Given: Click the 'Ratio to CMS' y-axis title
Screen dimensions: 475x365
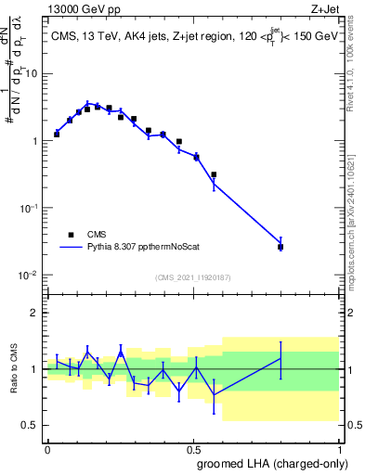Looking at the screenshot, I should point(14,369).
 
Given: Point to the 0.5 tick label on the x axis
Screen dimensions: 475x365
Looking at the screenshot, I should point(193,448).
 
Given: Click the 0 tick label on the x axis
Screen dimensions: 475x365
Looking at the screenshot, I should point(47,448).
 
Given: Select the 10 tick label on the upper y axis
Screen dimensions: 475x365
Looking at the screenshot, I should point(32,73).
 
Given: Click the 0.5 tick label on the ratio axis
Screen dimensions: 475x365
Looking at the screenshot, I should point(31,425).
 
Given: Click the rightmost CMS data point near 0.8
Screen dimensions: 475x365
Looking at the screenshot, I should point(280,247).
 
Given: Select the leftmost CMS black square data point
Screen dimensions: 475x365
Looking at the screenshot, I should point(57,135).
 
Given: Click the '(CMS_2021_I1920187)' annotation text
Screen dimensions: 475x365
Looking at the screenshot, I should point(192,277).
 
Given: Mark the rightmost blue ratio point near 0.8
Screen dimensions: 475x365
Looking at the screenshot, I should point(280,358).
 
